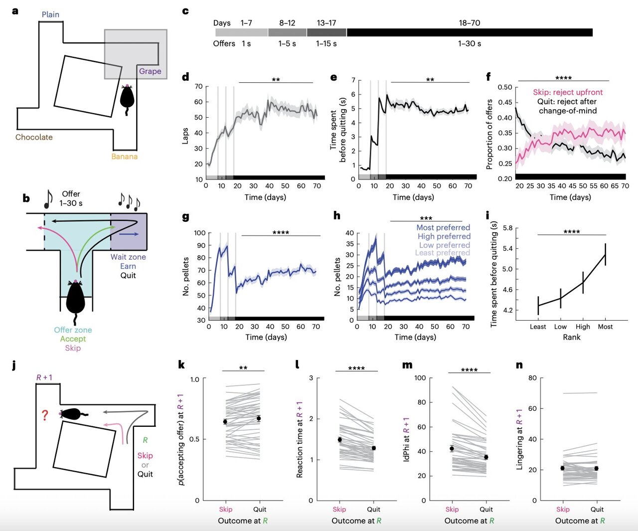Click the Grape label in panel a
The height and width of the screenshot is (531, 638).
click(x=150, y=71)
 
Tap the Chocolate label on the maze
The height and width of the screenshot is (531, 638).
click(x=34, y=137)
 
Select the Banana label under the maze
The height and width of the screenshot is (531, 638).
click(x=124, y=157)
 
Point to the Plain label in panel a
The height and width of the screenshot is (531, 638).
click(x=50, y=14)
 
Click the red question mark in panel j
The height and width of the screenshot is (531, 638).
click(x=45, y=415)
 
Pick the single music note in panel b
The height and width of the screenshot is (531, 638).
click(x=48, y=199)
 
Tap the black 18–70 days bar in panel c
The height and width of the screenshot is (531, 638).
click(x=469, y=32)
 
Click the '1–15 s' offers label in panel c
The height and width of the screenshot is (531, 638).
click(x=326, y=44)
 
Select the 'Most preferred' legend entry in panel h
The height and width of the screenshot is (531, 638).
click(x=443, y=227)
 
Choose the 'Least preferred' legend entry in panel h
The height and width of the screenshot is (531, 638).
click(x=442, y=253)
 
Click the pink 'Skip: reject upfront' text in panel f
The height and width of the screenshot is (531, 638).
click(x=568, y=92)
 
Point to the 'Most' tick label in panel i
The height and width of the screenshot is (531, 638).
click(x=605, y=327)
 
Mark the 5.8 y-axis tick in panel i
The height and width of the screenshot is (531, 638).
click(x=507, y=228)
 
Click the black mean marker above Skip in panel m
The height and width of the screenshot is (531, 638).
click(x=452, y=449)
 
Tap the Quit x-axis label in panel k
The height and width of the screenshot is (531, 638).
click(x=260, y=509)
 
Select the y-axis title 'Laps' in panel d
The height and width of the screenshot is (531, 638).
click(x=185, y=137)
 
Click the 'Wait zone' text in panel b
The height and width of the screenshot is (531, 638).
click(x=128, y=257)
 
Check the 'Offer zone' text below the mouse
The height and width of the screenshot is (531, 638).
click(x=73, y=330)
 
